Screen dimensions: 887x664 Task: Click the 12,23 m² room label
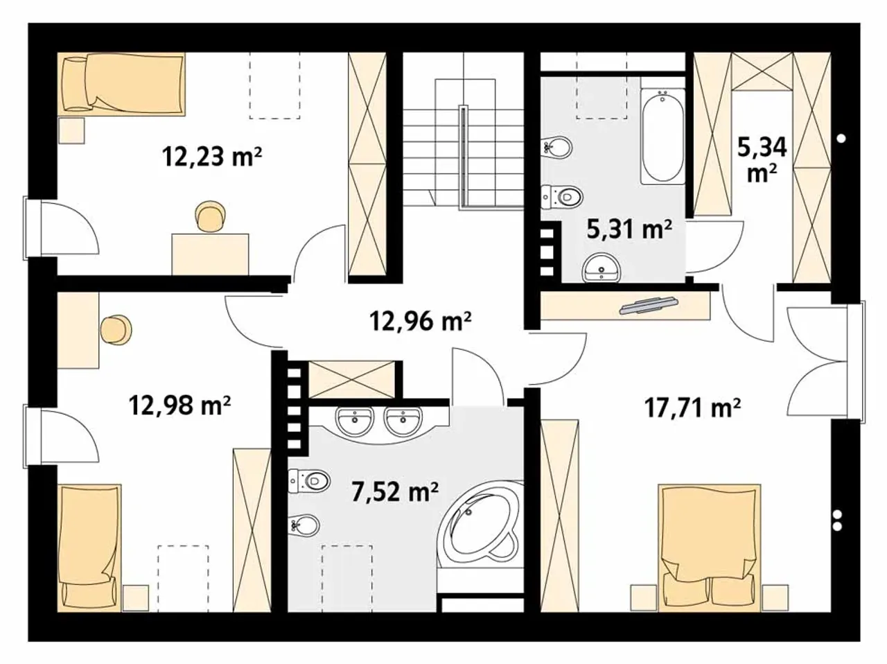[x=212, y=157]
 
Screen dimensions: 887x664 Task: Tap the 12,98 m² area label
[x=179, y=405]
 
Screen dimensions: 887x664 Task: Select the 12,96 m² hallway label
[x=421, y=322]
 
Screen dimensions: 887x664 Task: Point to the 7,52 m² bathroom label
[x=395, y=492]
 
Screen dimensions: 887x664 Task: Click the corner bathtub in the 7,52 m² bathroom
[x=480, y=526]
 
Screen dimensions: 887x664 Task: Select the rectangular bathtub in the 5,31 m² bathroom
[x=662, y=137]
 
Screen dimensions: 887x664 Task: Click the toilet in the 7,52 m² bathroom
[x=310, y=481]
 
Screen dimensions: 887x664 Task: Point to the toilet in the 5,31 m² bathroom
[x=562, y=198]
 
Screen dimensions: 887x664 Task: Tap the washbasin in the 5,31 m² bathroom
[x=601, y=268]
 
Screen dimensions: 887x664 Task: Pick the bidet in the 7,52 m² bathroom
[x=304, y=525]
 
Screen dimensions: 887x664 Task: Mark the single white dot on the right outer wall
[x=841, y=139]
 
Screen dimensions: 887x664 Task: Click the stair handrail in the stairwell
[x=463, y=157]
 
